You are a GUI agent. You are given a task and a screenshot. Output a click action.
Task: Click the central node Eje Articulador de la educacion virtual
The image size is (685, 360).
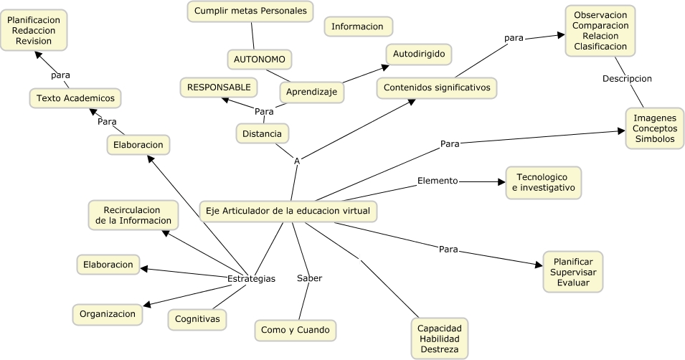(288, 211)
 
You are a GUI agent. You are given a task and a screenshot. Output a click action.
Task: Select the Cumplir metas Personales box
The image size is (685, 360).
(250, 11)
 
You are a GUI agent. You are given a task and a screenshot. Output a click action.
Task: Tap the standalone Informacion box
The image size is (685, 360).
(358, 27)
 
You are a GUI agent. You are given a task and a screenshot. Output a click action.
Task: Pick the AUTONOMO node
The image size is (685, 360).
(260, 59)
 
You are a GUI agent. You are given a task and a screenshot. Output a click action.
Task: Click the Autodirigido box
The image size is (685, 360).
(419, 54)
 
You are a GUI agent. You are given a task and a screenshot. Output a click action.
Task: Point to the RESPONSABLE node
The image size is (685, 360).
(219, 87)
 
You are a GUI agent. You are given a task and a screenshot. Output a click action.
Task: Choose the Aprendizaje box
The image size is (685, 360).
(311, 92)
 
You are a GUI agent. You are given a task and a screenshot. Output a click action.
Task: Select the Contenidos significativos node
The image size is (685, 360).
(437, 87)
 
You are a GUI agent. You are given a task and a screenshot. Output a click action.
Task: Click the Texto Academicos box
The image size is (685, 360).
(75, 98)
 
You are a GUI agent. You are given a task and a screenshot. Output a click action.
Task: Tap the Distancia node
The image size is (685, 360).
(262, 133)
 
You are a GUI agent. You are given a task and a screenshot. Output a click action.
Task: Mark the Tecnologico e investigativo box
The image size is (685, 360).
(544, 182)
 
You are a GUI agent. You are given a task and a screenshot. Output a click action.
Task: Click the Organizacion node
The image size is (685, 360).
(108, 313)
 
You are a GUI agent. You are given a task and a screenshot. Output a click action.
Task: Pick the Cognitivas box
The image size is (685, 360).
(197, 318)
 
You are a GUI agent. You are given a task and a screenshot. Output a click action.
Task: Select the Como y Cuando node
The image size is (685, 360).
(296, 330)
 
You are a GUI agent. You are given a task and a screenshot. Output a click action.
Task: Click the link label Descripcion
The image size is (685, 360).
(627, 78)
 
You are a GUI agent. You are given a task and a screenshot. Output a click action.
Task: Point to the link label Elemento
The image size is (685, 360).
(438, 181)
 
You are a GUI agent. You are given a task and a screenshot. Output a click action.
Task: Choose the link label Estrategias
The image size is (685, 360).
(251, 278)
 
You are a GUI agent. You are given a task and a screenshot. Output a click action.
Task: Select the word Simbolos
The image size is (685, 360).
(653, 139)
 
